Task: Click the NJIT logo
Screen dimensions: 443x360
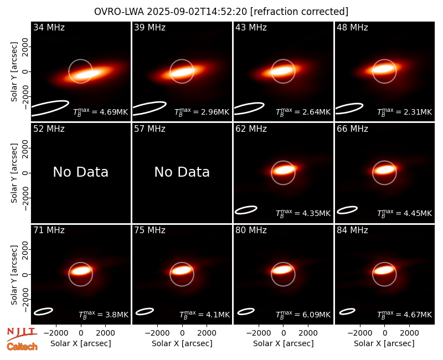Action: coord(22,333)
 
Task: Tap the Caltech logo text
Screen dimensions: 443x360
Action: coord(22,347)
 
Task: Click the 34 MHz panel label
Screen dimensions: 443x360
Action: coord(49,27)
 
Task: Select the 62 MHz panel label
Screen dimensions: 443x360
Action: coord(251,129)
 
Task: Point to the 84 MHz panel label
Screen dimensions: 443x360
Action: coord(352,230)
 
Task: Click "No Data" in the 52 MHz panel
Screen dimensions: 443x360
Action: coord(80,172)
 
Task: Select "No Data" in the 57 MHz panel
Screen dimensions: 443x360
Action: coord(182,172)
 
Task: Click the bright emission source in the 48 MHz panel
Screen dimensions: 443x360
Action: coord(383,69)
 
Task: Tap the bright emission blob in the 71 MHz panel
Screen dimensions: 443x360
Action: coord(80,271)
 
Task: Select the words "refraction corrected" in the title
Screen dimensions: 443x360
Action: coord(300,12)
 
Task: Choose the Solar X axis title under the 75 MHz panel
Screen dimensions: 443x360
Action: coord(182,343)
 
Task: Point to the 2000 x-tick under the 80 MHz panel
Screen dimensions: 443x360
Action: coord(308,333)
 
